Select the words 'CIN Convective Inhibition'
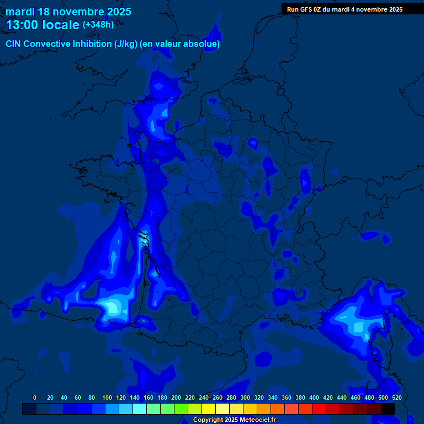click(59, 44)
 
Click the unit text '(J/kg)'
click(126, 44)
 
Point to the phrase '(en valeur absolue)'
click(180, 44)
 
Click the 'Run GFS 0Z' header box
click(344, 9)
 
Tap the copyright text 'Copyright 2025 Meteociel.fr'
click(234, 420)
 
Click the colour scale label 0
click(35, 397)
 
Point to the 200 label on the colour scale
click(176, 397)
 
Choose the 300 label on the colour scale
click(245, 397)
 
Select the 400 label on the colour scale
click(314, 397)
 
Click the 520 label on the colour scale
click(396, 397)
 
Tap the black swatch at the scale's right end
click(388, 409)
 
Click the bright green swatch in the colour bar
click(181, 409)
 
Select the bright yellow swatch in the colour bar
click(209, 409)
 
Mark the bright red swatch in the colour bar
click(319, 409)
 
